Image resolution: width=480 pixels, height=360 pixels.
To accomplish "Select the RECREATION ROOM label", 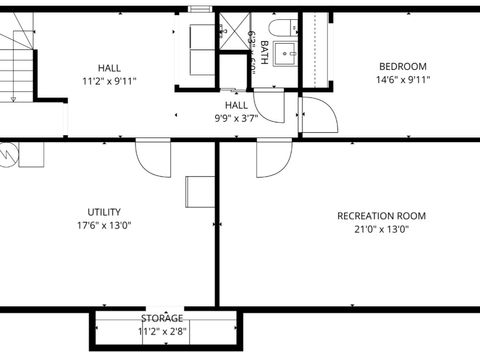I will pos(381,216).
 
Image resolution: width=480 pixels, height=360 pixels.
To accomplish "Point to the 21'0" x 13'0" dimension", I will pos(381,229).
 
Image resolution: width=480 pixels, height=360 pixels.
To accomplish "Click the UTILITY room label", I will pos(104,212).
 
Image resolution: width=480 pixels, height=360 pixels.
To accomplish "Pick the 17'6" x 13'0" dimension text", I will pos(104,225).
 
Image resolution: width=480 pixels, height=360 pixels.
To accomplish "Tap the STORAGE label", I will pos(162,319).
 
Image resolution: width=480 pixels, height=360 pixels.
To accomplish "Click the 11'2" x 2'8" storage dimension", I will pos(162,331).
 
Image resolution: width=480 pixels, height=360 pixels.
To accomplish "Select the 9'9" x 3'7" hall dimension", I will pos(236,117).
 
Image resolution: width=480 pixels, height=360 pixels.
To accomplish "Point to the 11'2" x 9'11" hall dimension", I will pos(109,81).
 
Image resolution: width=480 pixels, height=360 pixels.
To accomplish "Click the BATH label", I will pos(263,50).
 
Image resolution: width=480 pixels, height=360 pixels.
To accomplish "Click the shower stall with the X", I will pos(234,30).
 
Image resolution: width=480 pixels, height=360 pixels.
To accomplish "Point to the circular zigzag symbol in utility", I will pos(9,154).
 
